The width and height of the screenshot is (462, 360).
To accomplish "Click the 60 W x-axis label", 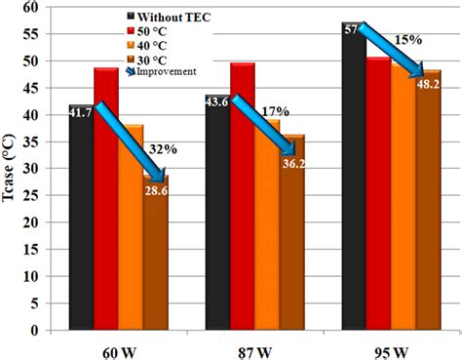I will point(119,346).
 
